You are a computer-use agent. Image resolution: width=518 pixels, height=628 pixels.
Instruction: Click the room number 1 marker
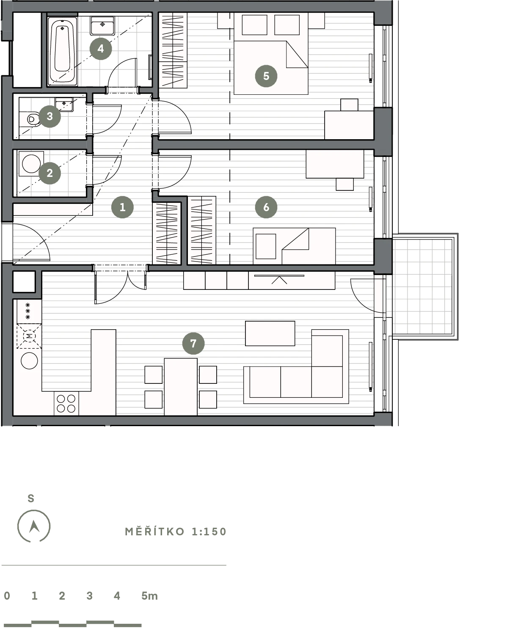[x=122, y=207]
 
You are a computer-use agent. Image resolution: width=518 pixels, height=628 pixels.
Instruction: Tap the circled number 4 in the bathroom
[x=101, y=49]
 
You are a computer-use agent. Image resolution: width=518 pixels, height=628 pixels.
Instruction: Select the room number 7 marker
[x=193, y=343]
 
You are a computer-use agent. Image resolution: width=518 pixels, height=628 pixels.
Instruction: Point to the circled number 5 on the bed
[x=266, y=76]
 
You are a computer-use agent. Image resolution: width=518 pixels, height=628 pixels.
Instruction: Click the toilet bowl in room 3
[x=33, y=119]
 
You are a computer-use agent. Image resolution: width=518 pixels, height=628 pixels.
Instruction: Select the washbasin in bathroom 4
[x=102, y=26]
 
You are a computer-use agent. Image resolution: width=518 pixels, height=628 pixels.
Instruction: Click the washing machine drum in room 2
[x=31, y=164]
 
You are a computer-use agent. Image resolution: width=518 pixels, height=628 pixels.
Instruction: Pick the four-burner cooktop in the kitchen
[x=66, y=404]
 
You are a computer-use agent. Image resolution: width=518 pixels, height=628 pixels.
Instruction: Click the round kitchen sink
[x=30, y=361]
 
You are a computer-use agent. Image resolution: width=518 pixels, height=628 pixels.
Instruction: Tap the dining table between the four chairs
[x=181, y=387]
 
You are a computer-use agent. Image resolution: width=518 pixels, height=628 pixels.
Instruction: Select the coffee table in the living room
[x=270, y=333]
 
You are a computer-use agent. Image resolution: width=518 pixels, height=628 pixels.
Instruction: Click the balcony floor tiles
[x=422, y=287]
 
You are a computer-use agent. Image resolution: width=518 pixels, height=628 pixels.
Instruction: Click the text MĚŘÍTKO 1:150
[x=176, y=532]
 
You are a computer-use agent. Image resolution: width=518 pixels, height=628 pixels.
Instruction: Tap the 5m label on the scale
[x=149, y=596]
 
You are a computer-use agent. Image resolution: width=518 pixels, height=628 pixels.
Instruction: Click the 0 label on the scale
[x=7, y=596]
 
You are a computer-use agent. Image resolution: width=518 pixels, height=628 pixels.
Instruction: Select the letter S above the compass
[x=31, y=499]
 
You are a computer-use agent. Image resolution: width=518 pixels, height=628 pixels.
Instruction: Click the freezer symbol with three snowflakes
[x=28, y=311]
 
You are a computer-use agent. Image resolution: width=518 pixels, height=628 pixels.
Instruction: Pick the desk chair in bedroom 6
[x=345, y=184]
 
